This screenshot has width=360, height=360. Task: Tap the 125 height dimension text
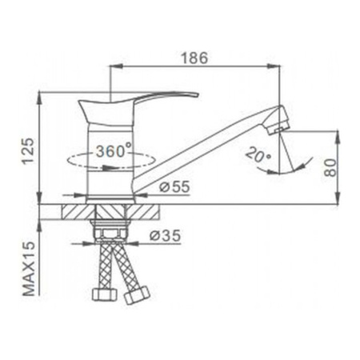click(29, 149)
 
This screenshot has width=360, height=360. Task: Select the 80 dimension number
click(330, 166)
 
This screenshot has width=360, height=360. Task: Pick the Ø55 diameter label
click(174, 186)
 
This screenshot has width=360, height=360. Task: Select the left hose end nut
click(106, 294)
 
